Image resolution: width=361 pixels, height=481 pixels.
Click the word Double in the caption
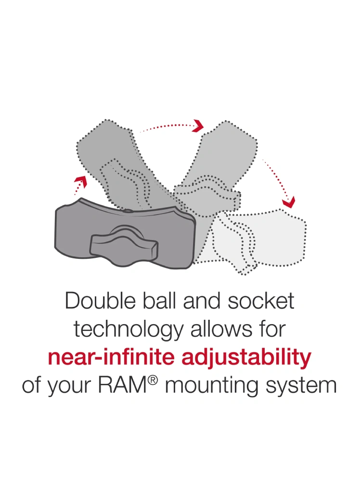pyautogui.click(x=101, y=301)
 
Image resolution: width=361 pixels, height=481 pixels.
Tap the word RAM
pyautogui.click(x=123, y=386)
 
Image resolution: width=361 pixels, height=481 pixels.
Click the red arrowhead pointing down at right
pyautogui.click(x=288, y=202)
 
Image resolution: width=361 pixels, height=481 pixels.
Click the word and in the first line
pyautogui.click(x=202, y=301)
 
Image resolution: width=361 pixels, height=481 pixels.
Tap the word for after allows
pyautogui.click(x=272, y=329)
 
